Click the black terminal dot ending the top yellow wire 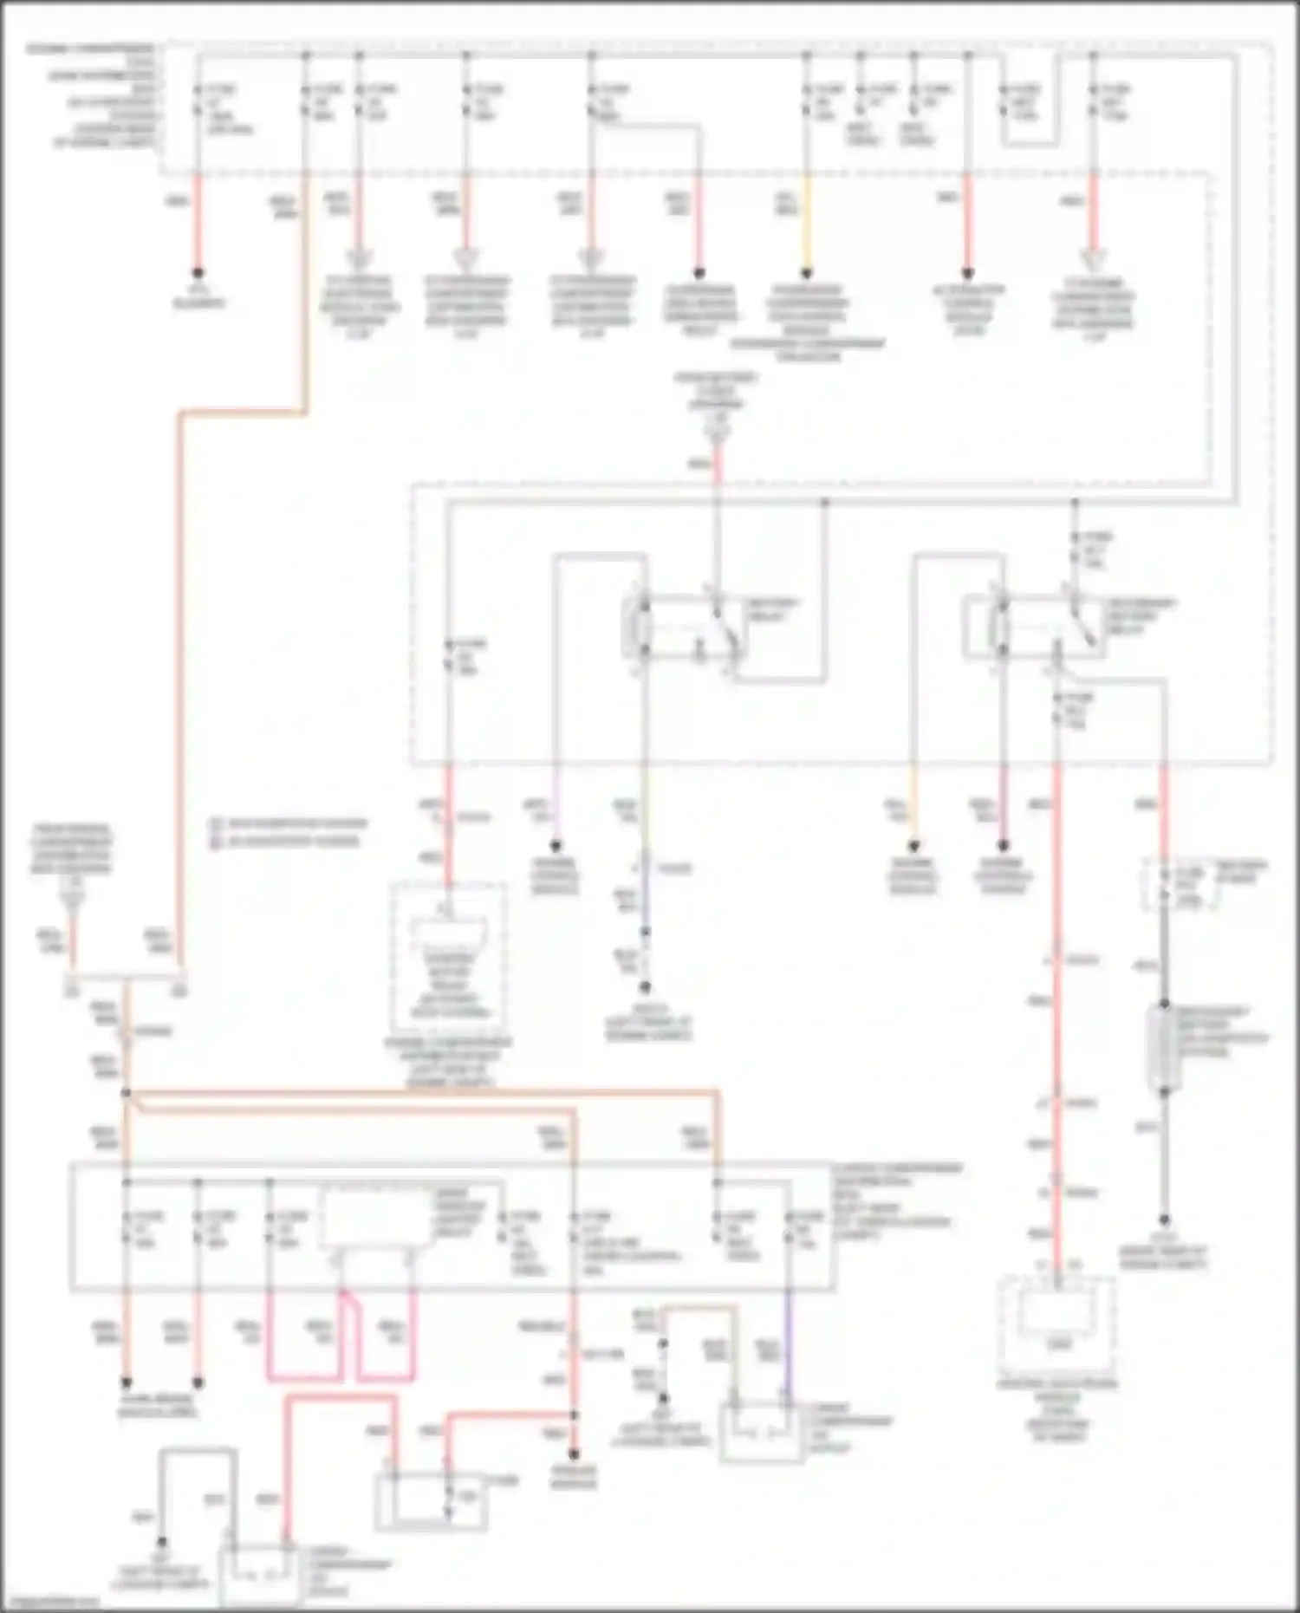click(x=806, y=272)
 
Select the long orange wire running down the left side click(x=180, y=676)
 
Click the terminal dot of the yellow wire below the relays click(x=913, y=846)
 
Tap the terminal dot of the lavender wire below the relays click(x=556, y=846)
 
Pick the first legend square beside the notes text click(x=216, y=823)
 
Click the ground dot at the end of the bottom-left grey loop click(x=161, y=1543)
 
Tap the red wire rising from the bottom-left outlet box click(x=288, y=1473)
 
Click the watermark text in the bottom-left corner click(x=48, y=1602)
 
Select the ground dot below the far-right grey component click(x=1164, y=1220)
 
